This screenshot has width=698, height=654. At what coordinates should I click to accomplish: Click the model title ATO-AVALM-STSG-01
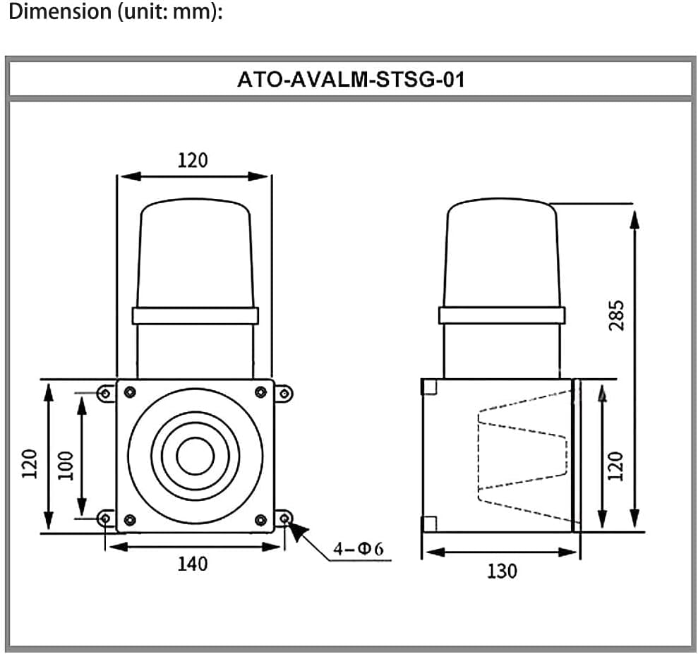point(351,79)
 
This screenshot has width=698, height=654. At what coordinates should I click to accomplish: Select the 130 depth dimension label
point(502,570)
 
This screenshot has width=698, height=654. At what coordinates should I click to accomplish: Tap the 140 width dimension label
point(193,564)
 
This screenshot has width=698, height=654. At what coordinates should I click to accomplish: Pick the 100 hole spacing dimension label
point(66,466)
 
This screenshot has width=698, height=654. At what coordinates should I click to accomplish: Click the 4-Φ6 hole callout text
point(358,549)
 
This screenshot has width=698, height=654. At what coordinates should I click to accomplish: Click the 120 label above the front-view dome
point(193,160)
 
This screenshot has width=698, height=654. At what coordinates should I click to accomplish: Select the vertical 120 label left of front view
point(29,464)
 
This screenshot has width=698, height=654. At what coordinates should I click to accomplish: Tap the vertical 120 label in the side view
point(616,466)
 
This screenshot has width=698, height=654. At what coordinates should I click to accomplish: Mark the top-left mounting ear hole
point(105,393)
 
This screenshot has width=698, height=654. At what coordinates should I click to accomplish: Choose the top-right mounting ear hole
point(284,393)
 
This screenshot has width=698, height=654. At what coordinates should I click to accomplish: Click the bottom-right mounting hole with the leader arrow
point(284,520)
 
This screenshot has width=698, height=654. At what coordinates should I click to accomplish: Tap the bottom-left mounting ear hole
point(105,520)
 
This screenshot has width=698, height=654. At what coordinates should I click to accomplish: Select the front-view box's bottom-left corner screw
point(129,521)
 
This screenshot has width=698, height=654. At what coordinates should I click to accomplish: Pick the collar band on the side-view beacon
point(502,315)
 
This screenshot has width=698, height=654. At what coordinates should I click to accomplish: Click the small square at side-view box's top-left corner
point(430,387)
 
